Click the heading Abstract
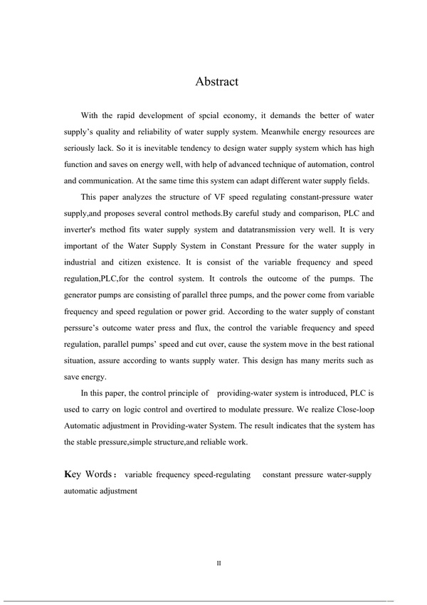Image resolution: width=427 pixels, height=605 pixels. [216, 82]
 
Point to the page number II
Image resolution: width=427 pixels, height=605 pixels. [219, 564]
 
